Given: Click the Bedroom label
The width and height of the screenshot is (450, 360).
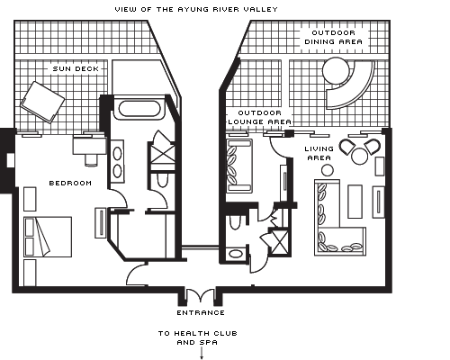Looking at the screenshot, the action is [x=70, y=183].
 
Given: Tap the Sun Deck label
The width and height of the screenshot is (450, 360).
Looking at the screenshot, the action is [x=76, y=68].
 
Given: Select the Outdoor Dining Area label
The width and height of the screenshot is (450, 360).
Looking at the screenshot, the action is [x=334, y=37].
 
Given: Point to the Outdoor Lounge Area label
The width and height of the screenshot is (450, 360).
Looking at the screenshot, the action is [x=260, y=117].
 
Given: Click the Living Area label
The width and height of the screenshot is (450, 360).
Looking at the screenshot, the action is [x=319, y=153].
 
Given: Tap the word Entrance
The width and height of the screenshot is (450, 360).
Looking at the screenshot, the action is [x=201, y=313].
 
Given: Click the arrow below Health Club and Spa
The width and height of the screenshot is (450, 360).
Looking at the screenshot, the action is [x=202, y=353].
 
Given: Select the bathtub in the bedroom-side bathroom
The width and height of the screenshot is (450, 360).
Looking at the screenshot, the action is [x=139, y=108].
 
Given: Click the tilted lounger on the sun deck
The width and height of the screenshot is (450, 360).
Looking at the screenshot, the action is [x=42, y=102].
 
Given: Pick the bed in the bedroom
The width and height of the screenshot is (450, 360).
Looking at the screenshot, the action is [x=48, y=237].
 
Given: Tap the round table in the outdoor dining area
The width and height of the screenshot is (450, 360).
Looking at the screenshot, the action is [x=336, y=70].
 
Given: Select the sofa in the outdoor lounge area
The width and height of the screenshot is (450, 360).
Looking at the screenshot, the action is [x=239, y=166].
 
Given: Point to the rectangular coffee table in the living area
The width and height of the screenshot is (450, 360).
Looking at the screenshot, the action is [x=355, y=202].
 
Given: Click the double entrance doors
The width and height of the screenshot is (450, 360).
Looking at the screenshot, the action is [x=201, y=295].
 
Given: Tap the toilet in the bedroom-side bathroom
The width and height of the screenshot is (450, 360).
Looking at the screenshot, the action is [x=162, y=179].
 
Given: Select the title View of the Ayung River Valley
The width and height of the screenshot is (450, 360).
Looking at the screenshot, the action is [x=196, y=10].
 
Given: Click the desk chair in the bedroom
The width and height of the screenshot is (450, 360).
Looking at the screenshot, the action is [x=91, y=159].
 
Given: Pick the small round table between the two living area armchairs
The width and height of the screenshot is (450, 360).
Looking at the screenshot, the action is [x=360, y=157].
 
